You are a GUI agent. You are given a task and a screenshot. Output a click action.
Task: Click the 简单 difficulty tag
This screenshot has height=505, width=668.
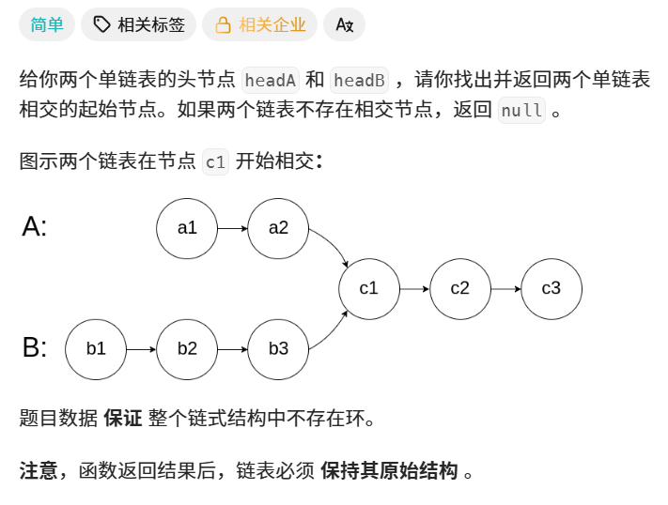tap(47, 25)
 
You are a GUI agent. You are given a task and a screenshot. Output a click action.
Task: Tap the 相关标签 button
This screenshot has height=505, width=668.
tap(139, 25)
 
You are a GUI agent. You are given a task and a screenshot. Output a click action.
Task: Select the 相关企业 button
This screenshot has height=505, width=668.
tap(260, 25)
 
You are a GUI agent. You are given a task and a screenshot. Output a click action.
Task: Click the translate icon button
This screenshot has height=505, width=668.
tap(344, 25)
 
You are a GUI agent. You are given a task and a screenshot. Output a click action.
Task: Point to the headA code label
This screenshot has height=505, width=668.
tap(271, 80)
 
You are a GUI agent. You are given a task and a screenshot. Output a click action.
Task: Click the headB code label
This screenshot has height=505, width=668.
tap(359, 80)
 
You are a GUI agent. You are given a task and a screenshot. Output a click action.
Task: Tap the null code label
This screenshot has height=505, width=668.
tap(521, 110)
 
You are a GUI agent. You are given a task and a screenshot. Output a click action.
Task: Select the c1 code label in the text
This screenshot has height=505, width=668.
tap(215, 161)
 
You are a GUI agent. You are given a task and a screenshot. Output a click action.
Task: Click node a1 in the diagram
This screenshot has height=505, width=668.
tap(187, 227)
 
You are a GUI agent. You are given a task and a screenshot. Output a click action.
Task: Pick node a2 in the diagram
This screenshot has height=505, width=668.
tap(278, 227)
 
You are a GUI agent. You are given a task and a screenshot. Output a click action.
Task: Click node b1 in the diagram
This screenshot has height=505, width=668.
tap(96, 349)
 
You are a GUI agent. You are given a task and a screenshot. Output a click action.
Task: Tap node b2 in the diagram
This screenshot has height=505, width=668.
tap(187, 349)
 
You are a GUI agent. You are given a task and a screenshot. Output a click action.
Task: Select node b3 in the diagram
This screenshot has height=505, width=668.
tap(278, 349)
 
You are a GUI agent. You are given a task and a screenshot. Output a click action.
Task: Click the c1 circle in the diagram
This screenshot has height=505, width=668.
tap(368, 288)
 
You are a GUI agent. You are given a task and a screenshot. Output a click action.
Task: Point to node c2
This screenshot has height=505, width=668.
tap(459, 288)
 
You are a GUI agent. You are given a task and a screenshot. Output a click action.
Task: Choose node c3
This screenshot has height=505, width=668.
tap(551, 288)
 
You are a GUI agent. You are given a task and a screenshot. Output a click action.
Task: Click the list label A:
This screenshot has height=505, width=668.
tap(34, 226)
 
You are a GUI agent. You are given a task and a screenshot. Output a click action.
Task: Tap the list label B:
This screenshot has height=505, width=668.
tap(34, 348)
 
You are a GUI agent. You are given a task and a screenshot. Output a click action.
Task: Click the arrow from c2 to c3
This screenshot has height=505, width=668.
tap(505, 288)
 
